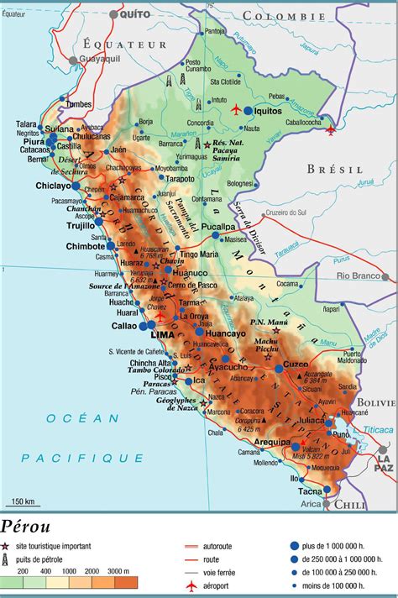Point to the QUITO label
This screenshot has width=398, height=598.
(x=134, y=14)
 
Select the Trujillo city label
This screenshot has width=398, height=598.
(x=80, y=225)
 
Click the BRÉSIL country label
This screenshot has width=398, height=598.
(x=333, y=169)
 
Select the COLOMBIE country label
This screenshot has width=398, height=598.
(x=283, y=15)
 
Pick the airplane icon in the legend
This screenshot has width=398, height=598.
(x=191, y=585)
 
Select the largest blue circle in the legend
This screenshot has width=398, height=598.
(x=295, y=545)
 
